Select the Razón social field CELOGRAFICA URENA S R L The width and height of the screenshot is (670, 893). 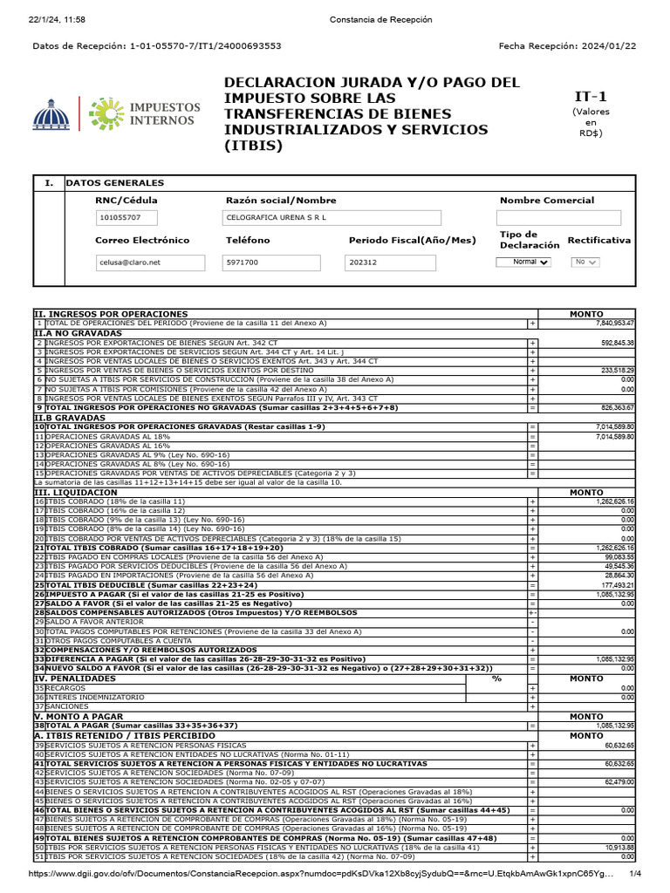coord(332,217)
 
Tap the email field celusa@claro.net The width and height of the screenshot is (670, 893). coord(149,262)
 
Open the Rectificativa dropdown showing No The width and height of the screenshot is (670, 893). coord(585,262)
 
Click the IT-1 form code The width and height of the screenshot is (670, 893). coord(591,96)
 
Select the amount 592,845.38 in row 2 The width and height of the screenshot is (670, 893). coord(616,343)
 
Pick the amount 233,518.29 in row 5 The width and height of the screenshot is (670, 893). coord(616,371)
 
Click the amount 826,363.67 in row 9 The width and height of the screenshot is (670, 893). coord(616,408)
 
